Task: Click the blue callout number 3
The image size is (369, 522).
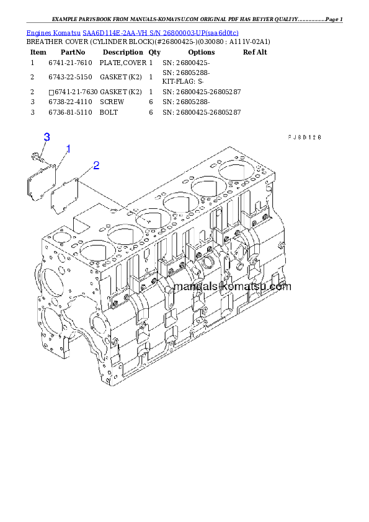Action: coord(47,137)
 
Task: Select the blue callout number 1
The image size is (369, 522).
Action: coord(68,149)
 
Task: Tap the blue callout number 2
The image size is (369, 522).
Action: coord(96,165)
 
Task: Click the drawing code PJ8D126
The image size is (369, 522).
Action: coord(304,138)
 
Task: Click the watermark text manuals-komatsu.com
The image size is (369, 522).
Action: coord(233,286)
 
